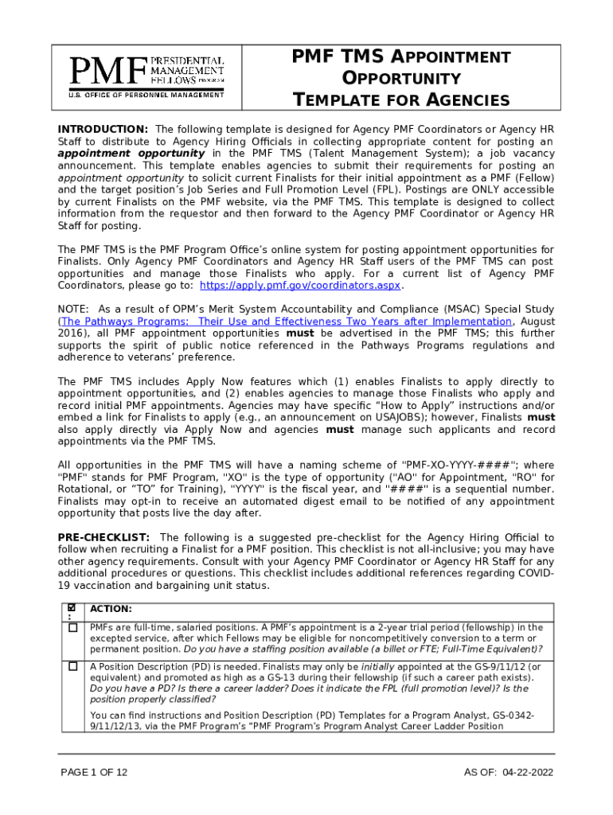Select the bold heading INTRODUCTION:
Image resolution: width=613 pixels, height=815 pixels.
click(103, 129)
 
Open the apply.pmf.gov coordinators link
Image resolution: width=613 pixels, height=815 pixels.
click(301, 286)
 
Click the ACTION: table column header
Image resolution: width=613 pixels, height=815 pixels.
click(111, 609)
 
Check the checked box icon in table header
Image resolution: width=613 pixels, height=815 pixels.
click(70, 608)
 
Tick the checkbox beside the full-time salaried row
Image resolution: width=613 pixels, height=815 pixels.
click(73, 628)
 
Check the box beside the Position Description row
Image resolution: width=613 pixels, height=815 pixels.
click(73, 666)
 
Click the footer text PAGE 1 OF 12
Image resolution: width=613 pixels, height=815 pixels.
click(94, 773)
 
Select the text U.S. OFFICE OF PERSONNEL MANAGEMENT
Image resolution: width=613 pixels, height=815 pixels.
click(146, 95)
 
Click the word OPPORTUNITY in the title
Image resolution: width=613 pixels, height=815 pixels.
click(401, 79)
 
